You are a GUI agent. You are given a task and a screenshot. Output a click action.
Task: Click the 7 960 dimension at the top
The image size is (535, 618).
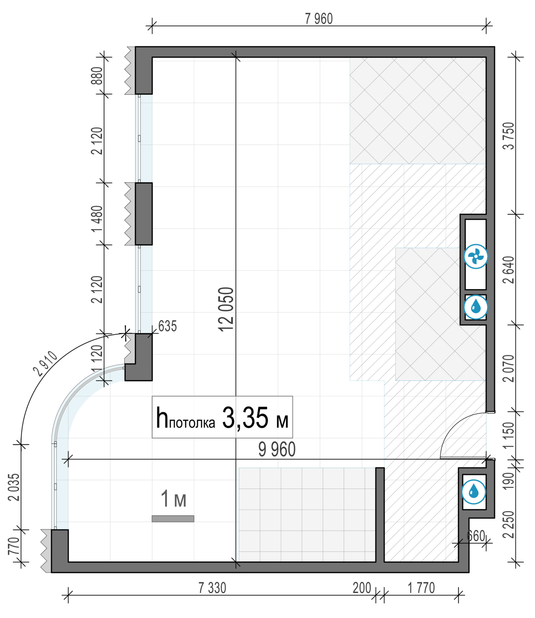[x=318, y=19]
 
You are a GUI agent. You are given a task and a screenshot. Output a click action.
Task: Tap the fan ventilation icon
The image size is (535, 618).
[x=476, y=257]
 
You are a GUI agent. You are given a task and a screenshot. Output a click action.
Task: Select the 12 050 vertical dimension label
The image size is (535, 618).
[x=226, y=309]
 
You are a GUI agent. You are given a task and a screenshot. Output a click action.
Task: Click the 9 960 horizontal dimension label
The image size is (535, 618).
[x=277, y=449]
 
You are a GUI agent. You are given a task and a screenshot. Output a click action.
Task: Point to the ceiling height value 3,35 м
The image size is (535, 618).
[x=255, y=418]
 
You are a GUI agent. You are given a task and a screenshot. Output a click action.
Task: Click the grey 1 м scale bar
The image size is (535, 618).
[x=173, y=519]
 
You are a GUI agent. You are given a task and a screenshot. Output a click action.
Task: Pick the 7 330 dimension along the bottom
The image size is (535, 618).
[x=212, y=588]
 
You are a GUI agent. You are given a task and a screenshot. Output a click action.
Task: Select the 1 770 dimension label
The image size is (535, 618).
[x=421, y=588]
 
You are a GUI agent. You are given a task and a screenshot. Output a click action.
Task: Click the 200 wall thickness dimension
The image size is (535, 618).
[x=362, y=588]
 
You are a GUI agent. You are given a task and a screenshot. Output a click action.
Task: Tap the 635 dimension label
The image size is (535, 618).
[x=167, y=326]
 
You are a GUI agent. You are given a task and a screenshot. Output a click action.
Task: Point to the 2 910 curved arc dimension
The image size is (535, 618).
[x=45, y=364]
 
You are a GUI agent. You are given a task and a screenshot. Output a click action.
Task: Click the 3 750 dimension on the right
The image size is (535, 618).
[x=509, y=136]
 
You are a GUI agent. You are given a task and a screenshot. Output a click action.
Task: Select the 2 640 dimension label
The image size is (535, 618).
[x=509, y=270]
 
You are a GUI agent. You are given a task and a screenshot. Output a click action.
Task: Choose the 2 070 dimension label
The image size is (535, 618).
[x=509, y=368]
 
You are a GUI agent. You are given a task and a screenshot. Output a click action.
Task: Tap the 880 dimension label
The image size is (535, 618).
[x=97, y=76]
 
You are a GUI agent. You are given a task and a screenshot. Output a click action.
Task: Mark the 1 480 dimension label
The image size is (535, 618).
[x=97, y=218]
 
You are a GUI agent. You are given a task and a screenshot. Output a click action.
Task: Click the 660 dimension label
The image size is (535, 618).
[x=476, y=536]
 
